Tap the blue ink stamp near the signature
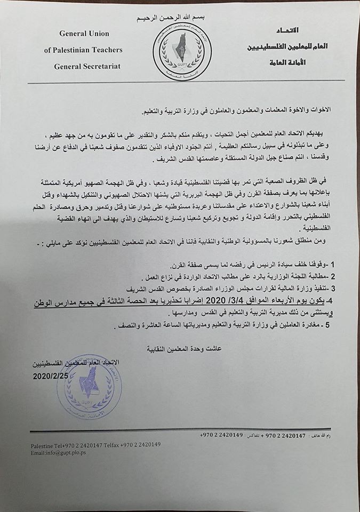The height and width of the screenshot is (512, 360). pyautogui.click(x=90, y=386)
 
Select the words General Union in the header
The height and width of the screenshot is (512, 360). pyautogui.click(x=84, y=34)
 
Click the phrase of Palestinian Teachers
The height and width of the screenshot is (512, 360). pyautogui.click(x=83, y=50)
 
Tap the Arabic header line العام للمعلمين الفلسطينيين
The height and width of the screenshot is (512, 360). pyautogui.click(x=288, y=46)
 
